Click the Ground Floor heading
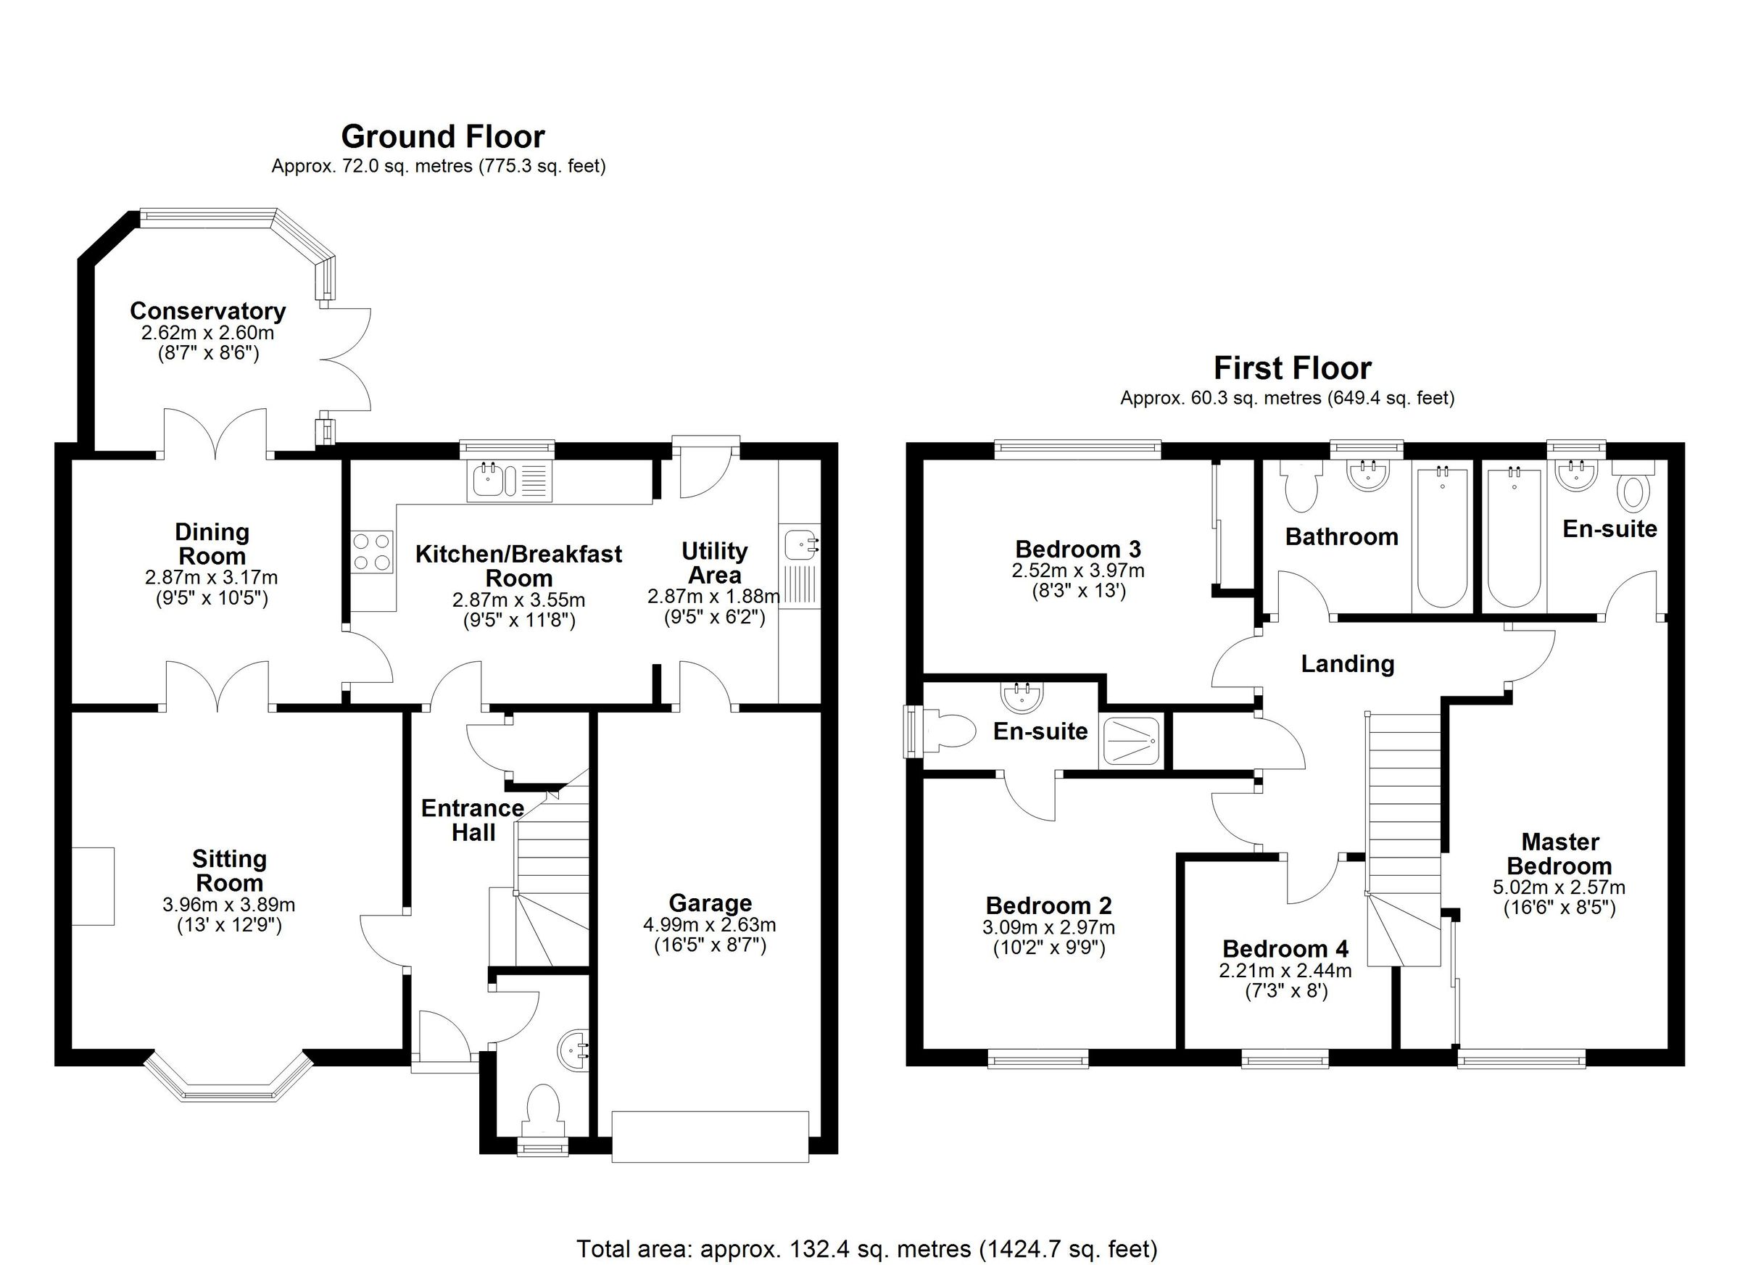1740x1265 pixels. (x=443, y=137)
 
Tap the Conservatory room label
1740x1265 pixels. (x=207, y=311)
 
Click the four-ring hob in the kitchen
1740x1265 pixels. (x=372, y=552)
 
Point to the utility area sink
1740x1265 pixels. (x=800, y=546)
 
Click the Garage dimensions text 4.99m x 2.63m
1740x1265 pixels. (x=710, y=924)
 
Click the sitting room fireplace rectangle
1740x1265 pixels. (x=94, y=886)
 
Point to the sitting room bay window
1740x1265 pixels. (x=228, y=1084)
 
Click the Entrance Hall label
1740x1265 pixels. (x=473, y=820)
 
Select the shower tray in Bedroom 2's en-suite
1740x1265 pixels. (x=1132, y=741)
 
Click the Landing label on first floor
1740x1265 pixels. (x=1347, y=663)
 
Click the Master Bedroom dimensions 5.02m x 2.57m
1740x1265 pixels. (x=1558, y=887)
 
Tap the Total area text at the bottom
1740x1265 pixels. (x=867, y=1249)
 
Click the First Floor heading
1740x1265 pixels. (x=1292, y=369)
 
